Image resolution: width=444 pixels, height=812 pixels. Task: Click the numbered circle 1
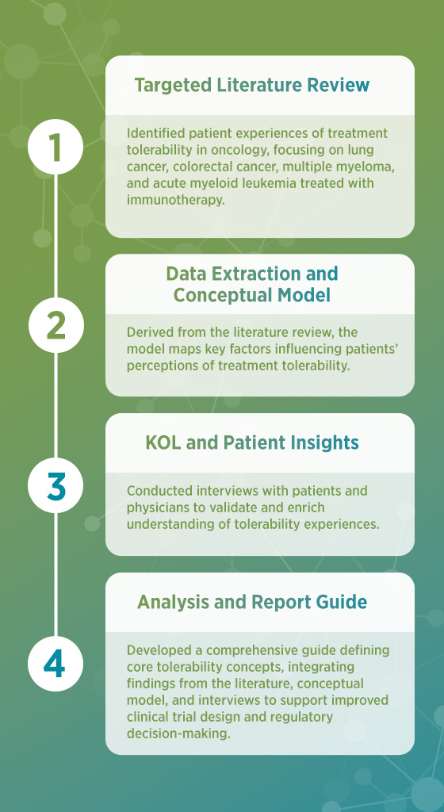(55, 147)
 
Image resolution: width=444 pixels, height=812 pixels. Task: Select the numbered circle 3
(55, 485)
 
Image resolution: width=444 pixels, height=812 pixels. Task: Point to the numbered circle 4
(55, 665)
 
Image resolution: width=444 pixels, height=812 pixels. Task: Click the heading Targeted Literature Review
(252, 85)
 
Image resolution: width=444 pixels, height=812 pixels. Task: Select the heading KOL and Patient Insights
(252, 442)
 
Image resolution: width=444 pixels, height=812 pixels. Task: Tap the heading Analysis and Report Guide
(252, 602)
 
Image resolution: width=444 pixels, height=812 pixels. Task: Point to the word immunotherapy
(176, 201)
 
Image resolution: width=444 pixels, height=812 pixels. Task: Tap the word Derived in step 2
(147, 331)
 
